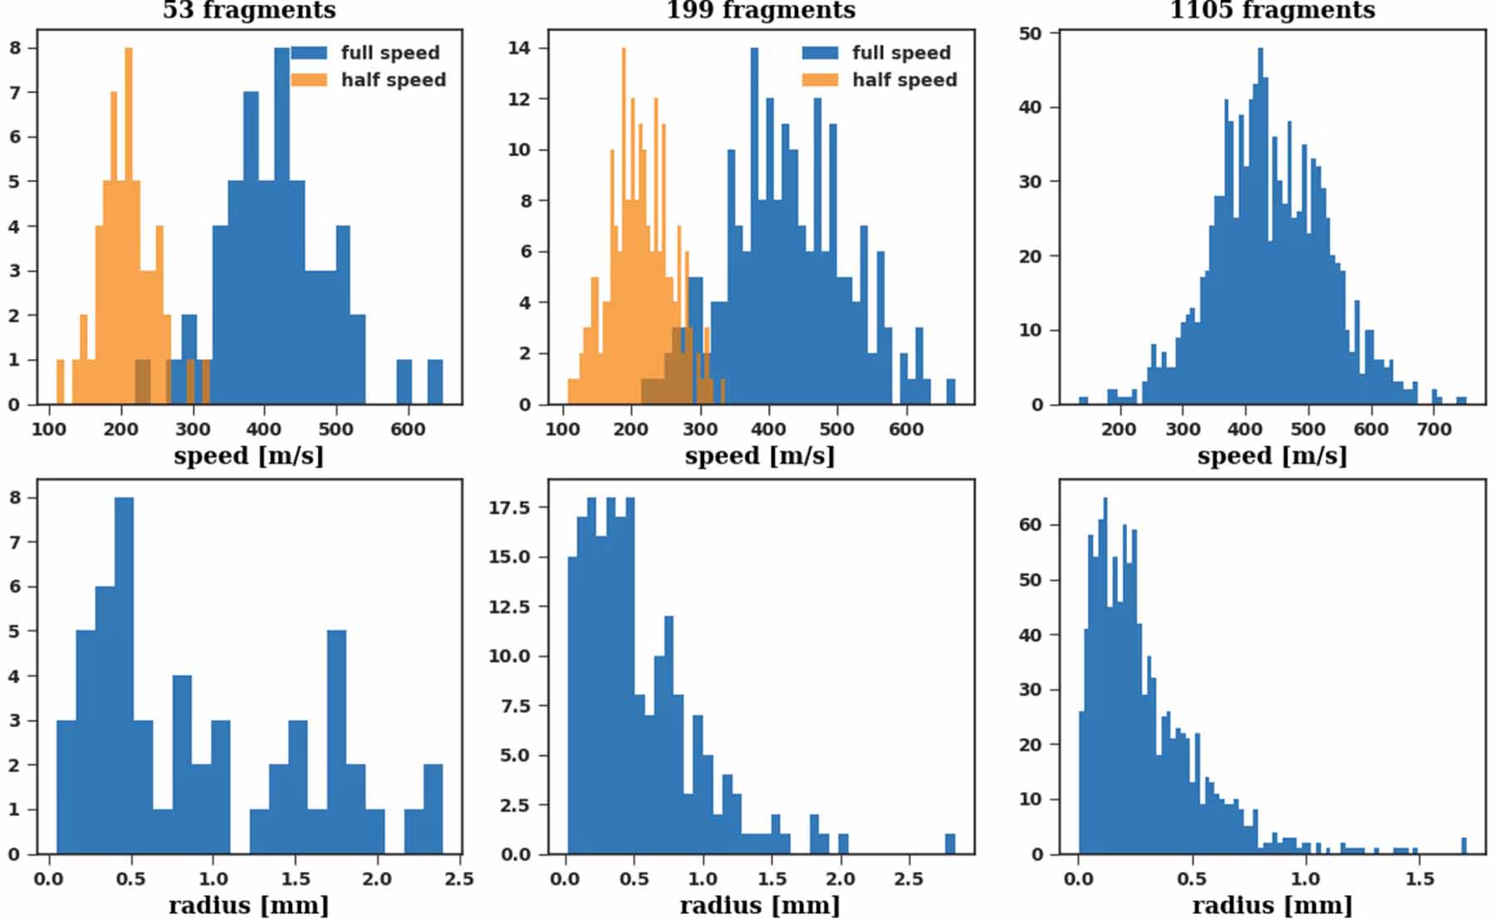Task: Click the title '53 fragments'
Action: [249, 10]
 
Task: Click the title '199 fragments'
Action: [760, 10]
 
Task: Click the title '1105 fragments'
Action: [1272, 10]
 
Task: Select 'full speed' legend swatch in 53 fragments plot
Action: [309, 52]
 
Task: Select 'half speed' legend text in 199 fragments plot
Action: [904, 80]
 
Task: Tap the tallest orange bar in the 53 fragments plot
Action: [128, 224]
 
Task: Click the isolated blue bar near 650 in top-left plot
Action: [435, 382]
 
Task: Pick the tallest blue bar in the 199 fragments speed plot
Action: [754, 224]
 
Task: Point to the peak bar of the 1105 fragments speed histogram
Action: [1260, 224]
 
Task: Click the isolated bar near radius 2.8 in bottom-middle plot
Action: [950, 844]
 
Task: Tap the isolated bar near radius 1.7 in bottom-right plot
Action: [1463, 846]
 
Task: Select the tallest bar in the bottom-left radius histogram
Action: [124, 673]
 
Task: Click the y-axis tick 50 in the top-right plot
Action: [1030, 34]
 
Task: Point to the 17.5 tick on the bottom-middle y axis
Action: [508, 508]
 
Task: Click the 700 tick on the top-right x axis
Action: [1434, 429]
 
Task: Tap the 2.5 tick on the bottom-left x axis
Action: [458, 879]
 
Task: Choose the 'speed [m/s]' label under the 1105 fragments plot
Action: [1272, 455]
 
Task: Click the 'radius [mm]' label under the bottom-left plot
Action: [248, 905]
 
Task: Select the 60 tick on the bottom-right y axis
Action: [1030, 525]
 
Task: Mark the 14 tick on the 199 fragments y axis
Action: [519, 48]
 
